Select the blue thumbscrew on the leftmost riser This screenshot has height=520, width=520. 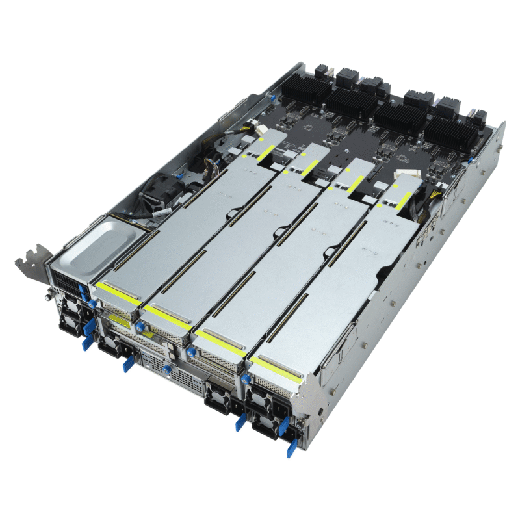(x=94, y=303)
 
